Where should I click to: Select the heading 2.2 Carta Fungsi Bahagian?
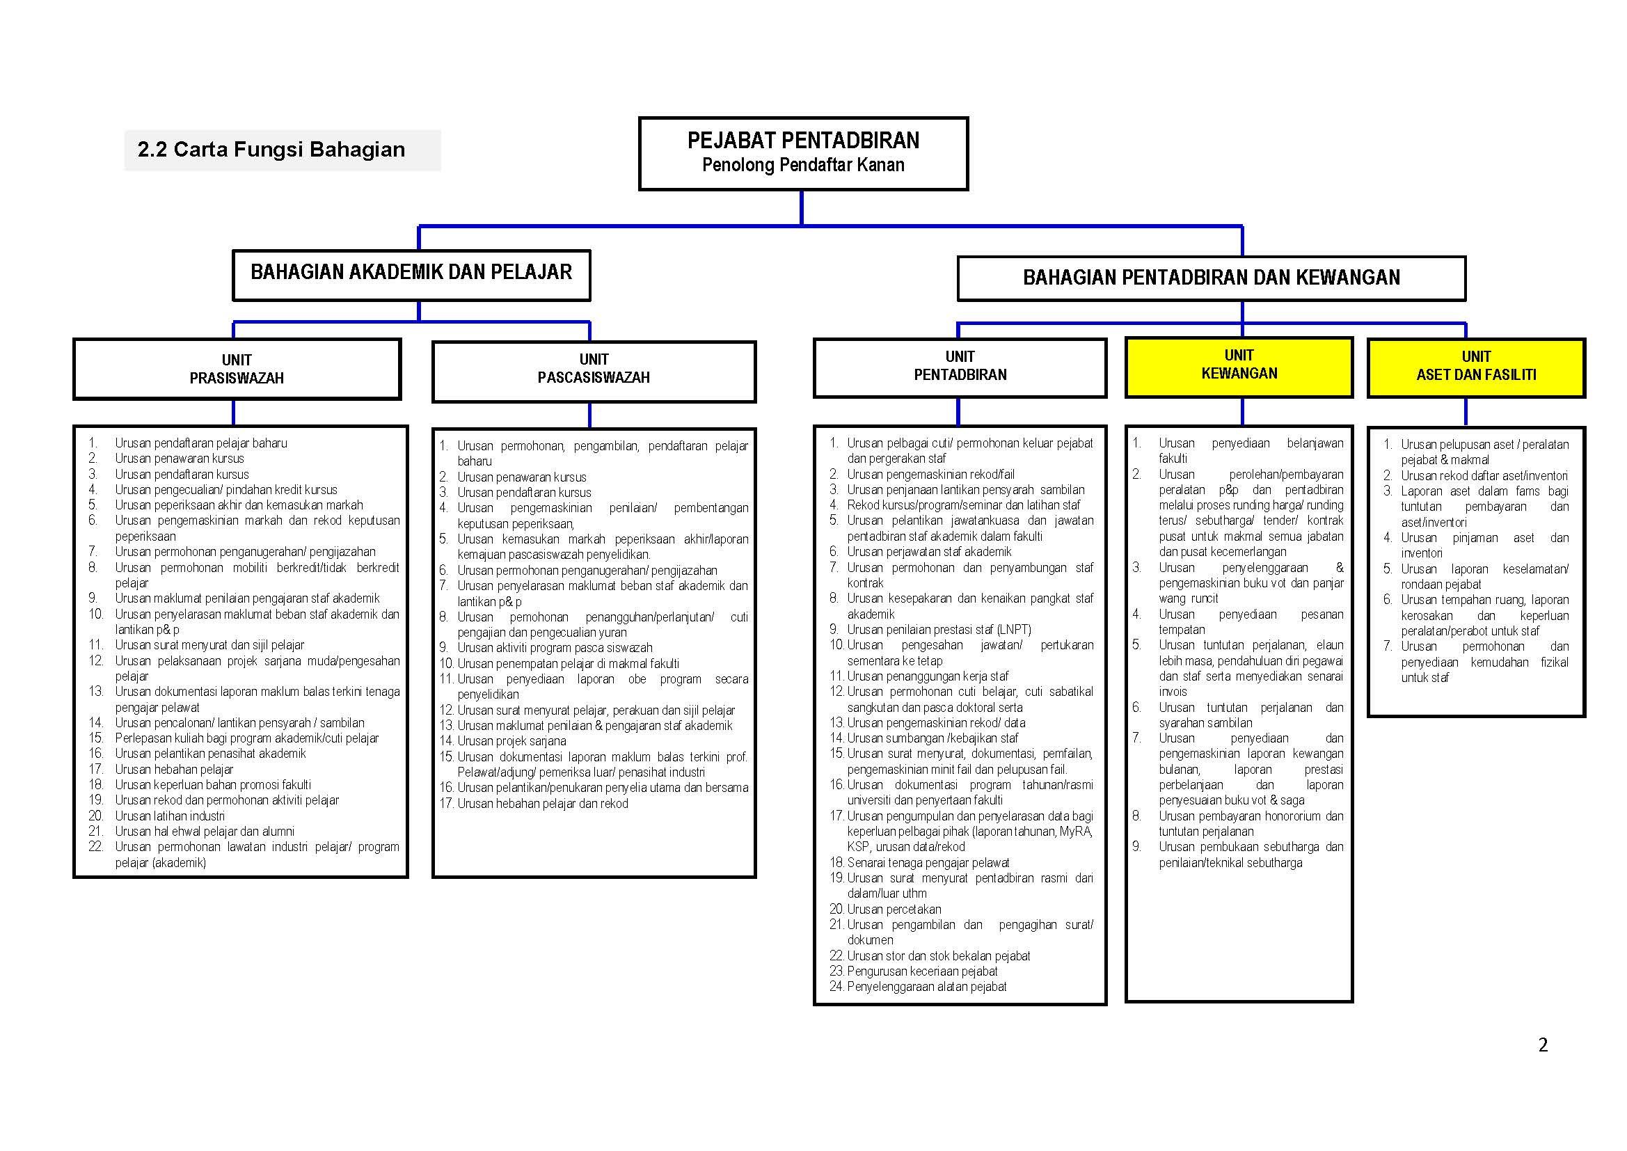pos(271,150)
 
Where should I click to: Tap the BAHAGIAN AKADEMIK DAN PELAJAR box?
pos(411,274)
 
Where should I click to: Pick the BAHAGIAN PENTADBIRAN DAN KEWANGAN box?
pos(1211,278)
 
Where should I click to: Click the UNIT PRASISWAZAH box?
pos(237,370)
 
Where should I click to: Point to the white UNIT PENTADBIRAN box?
pos(960,367)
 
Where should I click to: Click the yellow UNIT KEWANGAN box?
pos(1239,366)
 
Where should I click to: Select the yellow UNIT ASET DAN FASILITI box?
pos(1476,367)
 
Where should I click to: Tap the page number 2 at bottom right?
pos(1543,1045)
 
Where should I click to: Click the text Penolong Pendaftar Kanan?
pos(803,166)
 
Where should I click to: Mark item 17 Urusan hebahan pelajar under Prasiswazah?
pos(174,769)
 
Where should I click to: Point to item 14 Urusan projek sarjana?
pos(511,741)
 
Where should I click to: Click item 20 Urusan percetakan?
pos(894,910)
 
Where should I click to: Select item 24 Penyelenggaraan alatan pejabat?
pos(926,987)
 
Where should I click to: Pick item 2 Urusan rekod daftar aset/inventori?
pos(1484,475)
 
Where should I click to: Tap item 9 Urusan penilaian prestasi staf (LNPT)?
pos(939,629)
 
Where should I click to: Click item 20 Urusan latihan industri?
pos(170,816)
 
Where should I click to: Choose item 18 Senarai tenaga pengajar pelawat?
pos(928,862)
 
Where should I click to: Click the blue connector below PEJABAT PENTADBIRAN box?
pos(802,207)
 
